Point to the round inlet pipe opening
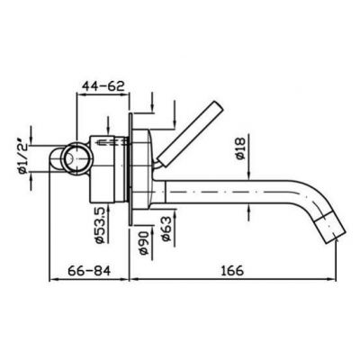[x=70, y=159]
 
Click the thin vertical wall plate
[x=132, y=162]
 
